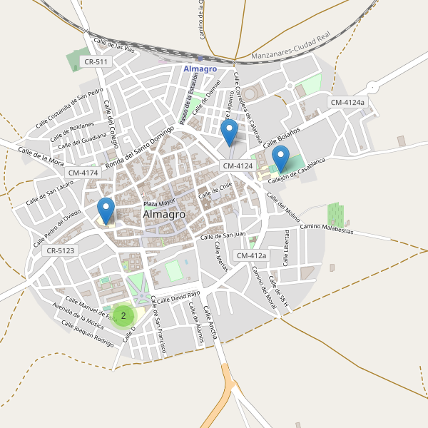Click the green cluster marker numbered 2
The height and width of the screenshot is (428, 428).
pyautogui.click(x=123, y=315)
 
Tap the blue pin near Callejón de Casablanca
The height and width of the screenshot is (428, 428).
pyautogui.click(x=281, y=158)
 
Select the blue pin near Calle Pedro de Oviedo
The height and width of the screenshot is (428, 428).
pyautogui.click(x=106, y=210)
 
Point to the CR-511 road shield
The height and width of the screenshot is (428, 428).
pyautogui.click(x=96, y=62)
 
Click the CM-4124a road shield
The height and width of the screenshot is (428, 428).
pyautogui.click(x=347, y=103)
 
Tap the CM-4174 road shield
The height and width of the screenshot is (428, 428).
pyautogui.click(x=83, y=173)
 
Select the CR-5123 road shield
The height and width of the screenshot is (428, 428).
pyautogui.click(x=61, y=251)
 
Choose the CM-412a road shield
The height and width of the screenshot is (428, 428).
pyautogui.click(x=251, y=255)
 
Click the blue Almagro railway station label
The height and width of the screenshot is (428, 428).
pyautogui.click(x=200, y=68)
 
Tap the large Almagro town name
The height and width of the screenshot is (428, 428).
pyautogui.click(x=164, y=214)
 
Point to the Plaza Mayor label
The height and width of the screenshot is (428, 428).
pyautogui.click(x=158, y=203)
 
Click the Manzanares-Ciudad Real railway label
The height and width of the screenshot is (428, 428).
pyautogui.click(x=292, y=55)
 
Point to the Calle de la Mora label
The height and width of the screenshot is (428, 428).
pyautogui.click(x=41, y=155)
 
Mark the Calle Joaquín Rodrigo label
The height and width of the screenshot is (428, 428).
pyautogui.click(x=87, y=333)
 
